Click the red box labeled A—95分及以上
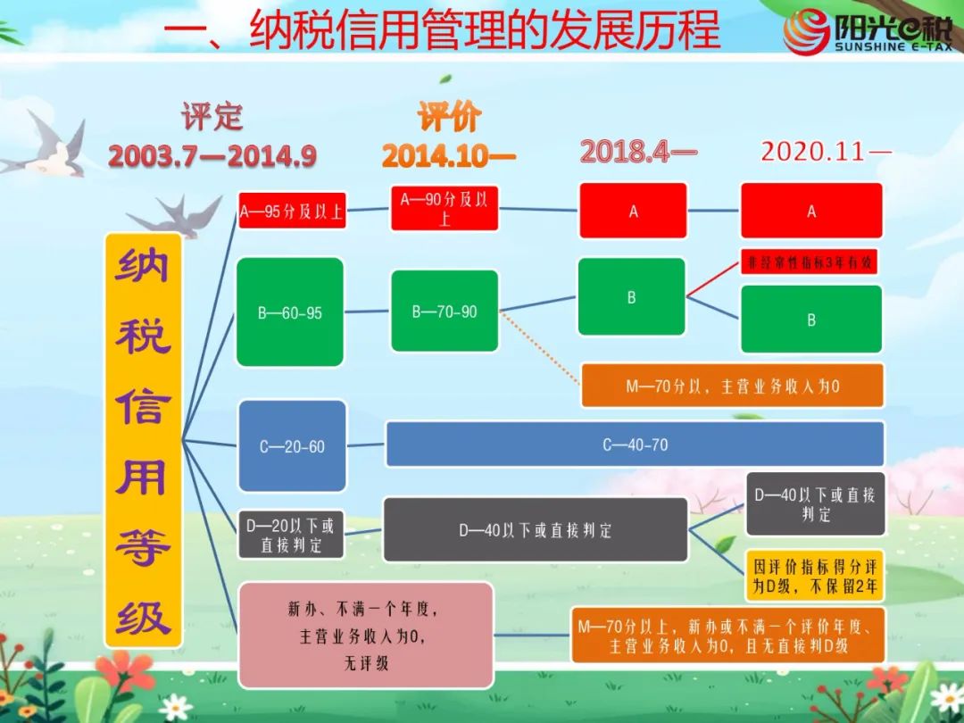[x=292, y=211]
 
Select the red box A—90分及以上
[x=445, y=208]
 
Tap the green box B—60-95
[x=289, y=312]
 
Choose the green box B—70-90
[x=445, y=312]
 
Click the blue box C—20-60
[x=292, y=445]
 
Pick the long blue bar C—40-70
[x=636, y=444]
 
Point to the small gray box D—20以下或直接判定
[x=291, y=535]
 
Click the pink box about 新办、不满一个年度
[x=366, y=636]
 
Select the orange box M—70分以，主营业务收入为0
[x=732, y=386]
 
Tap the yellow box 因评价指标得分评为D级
[x=815, y=576]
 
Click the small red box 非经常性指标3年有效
[x=809, y=262]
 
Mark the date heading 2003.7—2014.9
[x=212, y=156]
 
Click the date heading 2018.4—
[x=638, y=151]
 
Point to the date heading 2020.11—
[x=826, y=151]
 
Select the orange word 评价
[x=449, y=116]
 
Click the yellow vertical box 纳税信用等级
[x=143, y=440]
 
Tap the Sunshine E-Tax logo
[x=867, y=32]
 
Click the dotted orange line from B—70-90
[x=540, y=348]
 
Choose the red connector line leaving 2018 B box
[x=713, y=279]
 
